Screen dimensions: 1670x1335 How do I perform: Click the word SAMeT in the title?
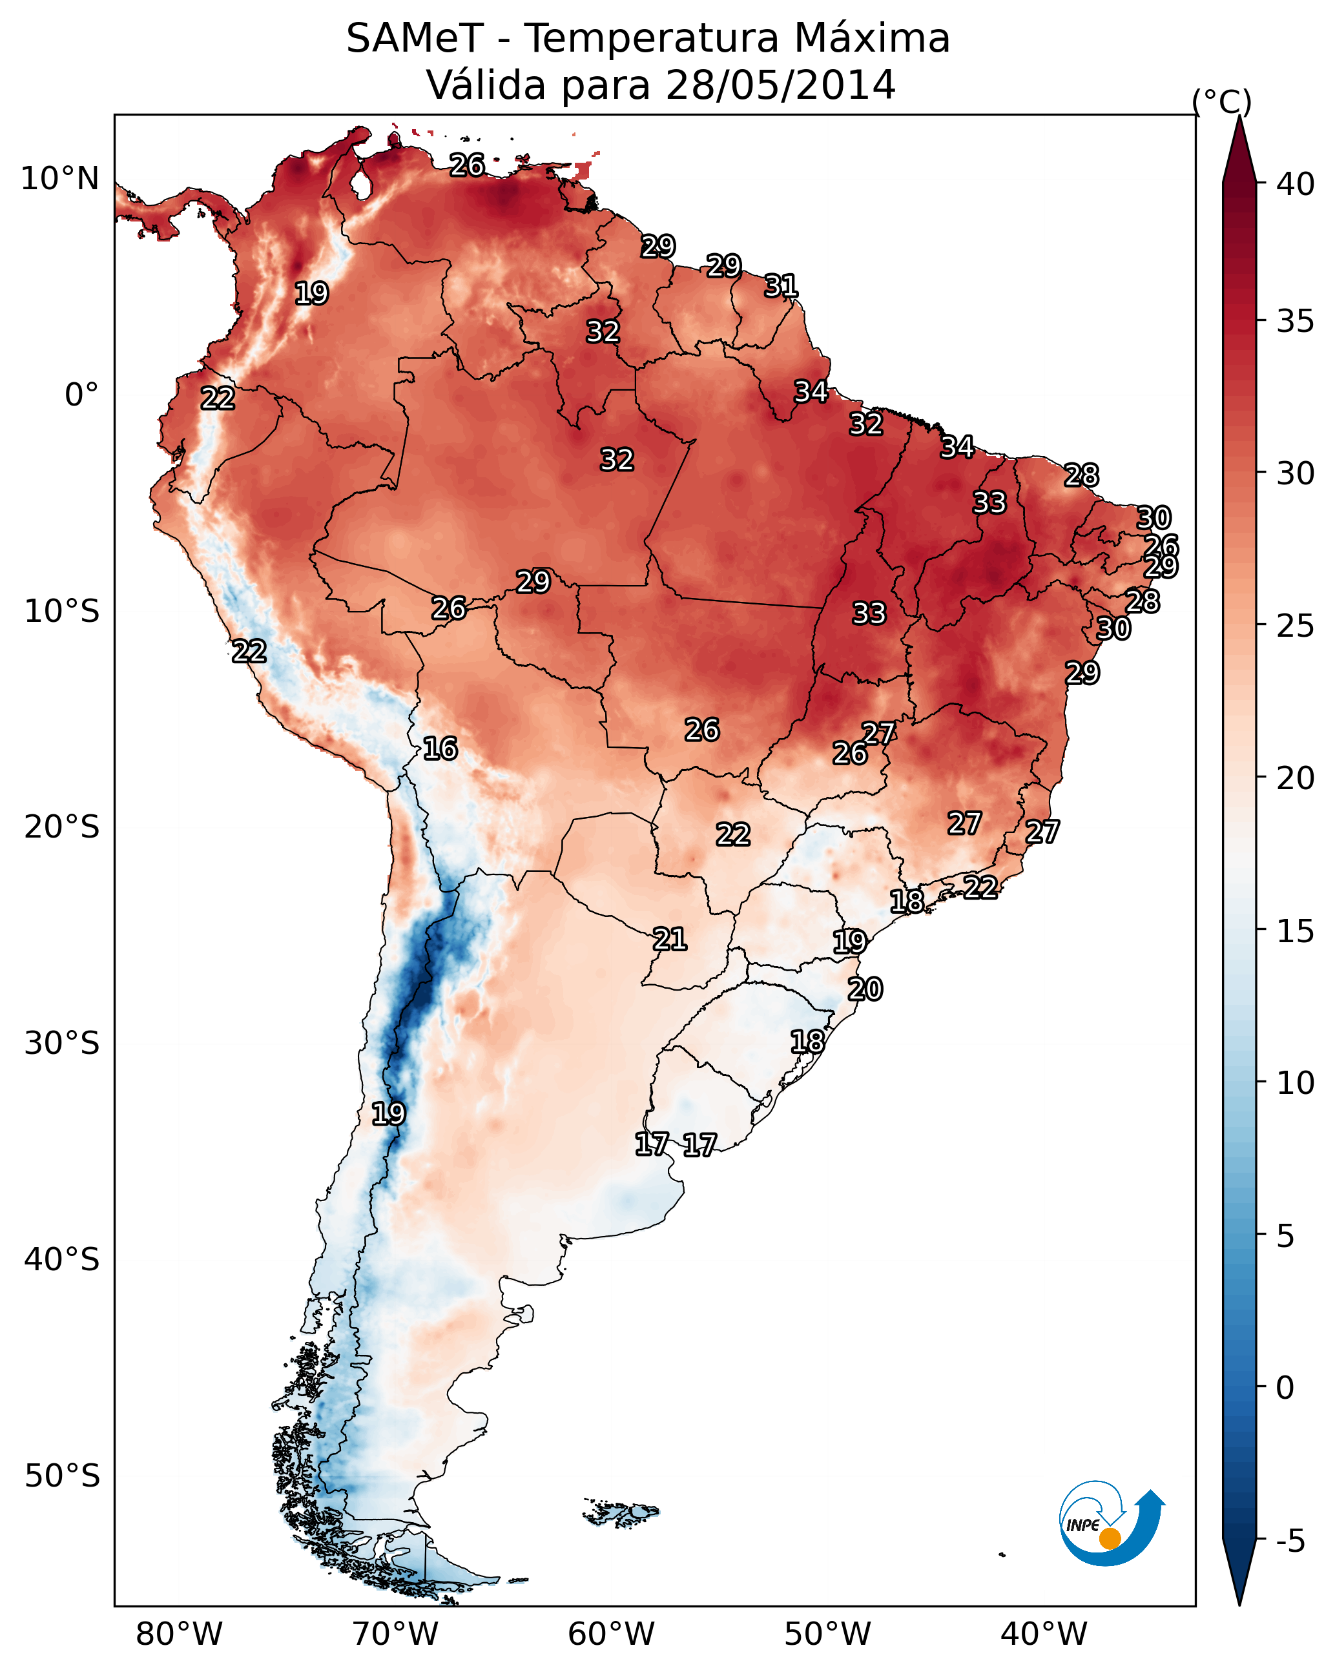pyautogui.click(x=415, y=39)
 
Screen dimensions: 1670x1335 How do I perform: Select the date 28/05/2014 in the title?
pyautogui.click(x=780, y=85)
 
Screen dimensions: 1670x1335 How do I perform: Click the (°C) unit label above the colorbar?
pyautogui.click(x=1222, y=102)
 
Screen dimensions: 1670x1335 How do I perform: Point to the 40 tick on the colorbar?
pyautogui.click(x=1296, y=184)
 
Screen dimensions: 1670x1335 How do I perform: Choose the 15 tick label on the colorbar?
pyautogui.click(x=1296, y=932)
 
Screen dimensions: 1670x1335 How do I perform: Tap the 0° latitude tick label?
pyautogui.click(x=81, y=395)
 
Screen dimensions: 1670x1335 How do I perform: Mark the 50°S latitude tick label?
pyautogui.click(x=62, y=1476)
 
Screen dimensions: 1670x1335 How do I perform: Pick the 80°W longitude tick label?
pyautogui.click(x=179, y=1634)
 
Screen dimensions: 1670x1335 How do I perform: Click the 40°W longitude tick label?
pyautogui.click(x=1044, y=1634)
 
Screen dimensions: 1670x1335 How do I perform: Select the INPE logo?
pyautogui.click(x=1111, y=1523)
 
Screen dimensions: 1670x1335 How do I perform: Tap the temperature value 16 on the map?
pyautogui.click(x=440, y=749)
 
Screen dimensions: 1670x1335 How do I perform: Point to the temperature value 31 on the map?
pyautogui.click(x=781, y=287)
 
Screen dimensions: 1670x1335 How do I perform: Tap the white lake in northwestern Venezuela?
pyautogui.click(x=360, y=186)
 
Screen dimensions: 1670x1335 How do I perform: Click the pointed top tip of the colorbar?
pyautogui.click(x=1239, y=118)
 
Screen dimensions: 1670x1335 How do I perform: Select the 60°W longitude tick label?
pyautogui.click(x=612, y=1634)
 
